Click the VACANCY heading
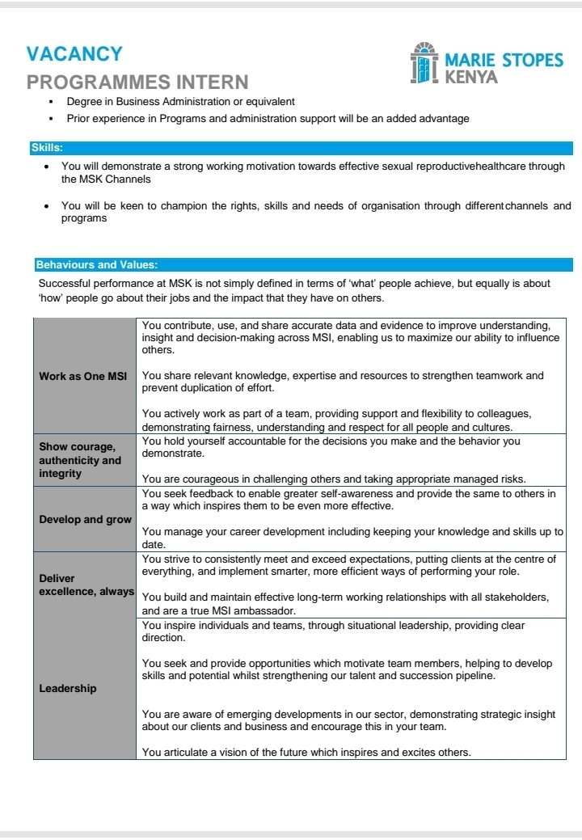[x=74, y=54]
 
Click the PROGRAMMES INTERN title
[x=137, y=82]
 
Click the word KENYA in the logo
[x=472, y=78]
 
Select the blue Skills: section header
[x=47, y=148]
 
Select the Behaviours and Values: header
[x=97, y=264]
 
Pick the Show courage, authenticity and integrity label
[x=80, y=460]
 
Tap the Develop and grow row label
[x=85, y=519]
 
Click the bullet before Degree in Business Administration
[x=51, y=103]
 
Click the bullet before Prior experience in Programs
[x=51, y=119]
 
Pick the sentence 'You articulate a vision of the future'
[x=306, y=752]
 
